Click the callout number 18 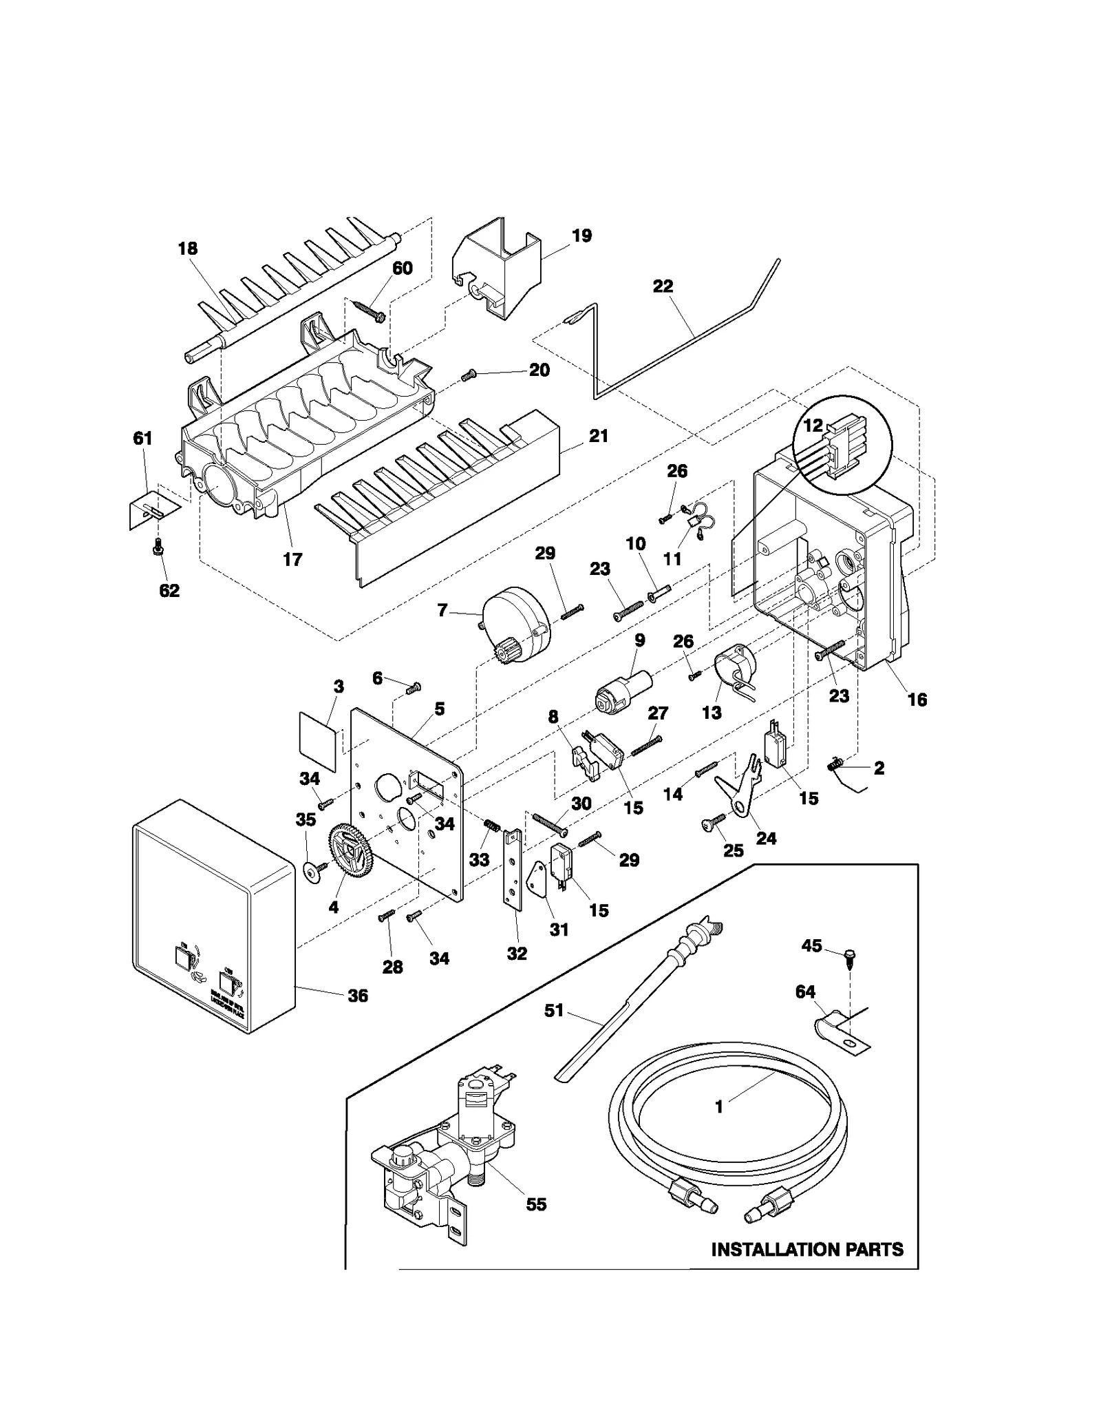[x=188, y=249]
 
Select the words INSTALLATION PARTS [x=806, y=1249]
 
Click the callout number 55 [x=536, y=1204]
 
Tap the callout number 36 [x=358, y=996]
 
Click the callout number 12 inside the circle [x=812, y=426]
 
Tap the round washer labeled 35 [x=313, y=872]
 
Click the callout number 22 [x=663, y=286]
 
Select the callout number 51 [x=554, y=1010]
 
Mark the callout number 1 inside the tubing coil [x=719, y=1107]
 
